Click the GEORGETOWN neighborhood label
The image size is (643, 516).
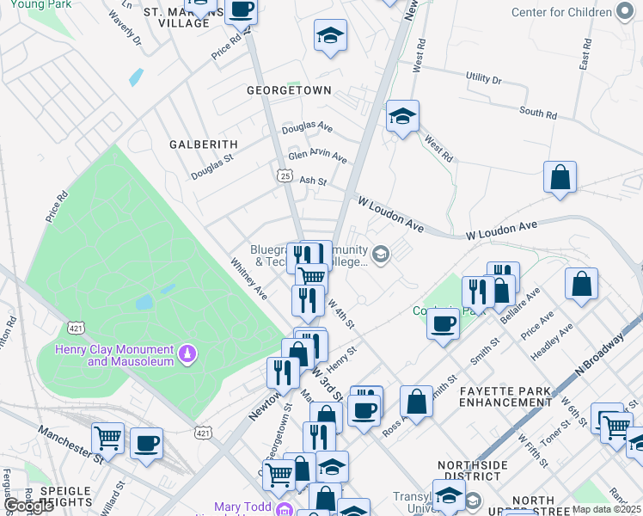tap(289, 89)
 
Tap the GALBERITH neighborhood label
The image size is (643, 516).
tap(202, 144)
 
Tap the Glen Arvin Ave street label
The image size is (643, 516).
tap(317, 157)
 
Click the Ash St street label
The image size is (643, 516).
tap(313, 181)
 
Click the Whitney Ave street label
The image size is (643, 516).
tap(248, 278)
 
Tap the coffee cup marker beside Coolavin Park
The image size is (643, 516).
tap(443, 324)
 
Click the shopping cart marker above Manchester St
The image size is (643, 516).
tap(107, 439)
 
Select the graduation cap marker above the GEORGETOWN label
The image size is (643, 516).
tap(330, 36)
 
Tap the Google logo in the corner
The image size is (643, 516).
tap(29, 506)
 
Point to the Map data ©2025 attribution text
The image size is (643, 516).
tap(606, 509)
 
